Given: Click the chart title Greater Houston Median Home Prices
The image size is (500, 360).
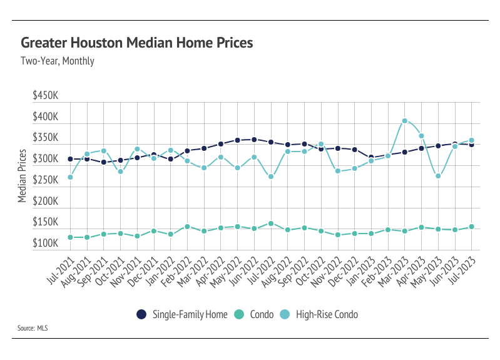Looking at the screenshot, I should coord(137,43).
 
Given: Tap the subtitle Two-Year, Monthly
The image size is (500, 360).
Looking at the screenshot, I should coord(58,61).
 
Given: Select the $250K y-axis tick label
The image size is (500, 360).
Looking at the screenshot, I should coord(46,180).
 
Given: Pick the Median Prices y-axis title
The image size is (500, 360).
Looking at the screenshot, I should coord(22,176).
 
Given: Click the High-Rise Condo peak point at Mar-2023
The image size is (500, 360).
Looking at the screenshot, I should coord(405,121).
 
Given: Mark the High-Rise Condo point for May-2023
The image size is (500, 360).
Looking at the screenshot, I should coord(438,176).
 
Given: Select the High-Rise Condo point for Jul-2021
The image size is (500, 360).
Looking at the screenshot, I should coord(71,177).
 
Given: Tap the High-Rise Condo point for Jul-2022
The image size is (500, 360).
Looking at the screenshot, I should coord(271,177).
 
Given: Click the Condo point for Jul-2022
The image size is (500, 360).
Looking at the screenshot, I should coord(271,224).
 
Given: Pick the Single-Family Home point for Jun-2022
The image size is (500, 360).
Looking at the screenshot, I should coord(254,140).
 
